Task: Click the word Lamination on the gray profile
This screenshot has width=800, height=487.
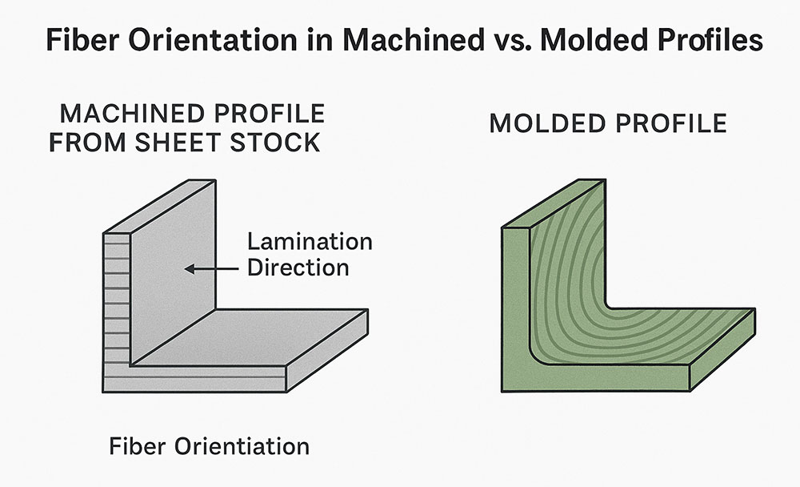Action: click(310, 241)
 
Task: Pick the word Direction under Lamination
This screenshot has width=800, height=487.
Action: click(298, 266)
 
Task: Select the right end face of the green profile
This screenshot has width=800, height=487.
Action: click(724, 348)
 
